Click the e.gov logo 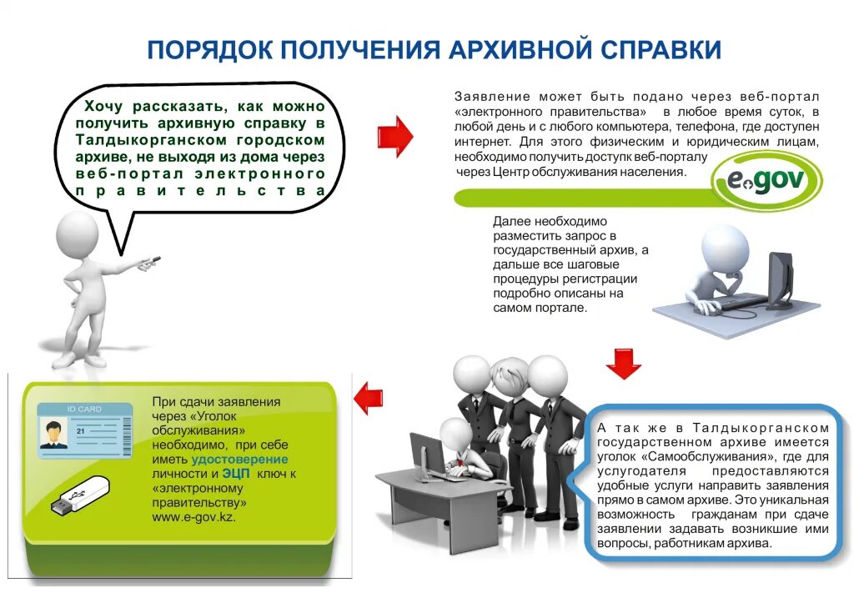766,180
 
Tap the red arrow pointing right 394,136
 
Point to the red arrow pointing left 369,398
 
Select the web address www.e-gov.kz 193,518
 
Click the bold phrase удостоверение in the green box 239,459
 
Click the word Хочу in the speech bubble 103,107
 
